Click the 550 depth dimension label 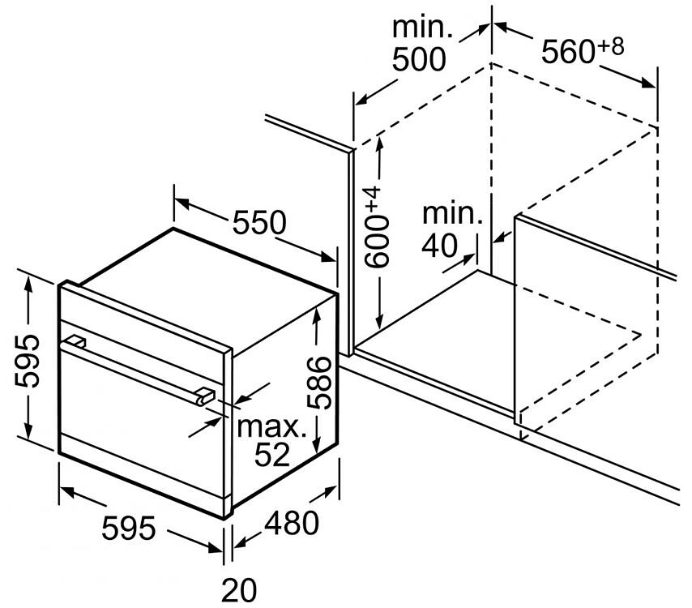tap(259, 222)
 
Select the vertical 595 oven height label tap(27, 362)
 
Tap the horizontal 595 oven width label tap(128, 528)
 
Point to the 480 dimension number tap(291, 523)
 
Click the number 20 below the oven tap(239, 590)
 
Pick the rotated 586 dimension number tap(318, 383)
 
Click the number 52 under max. tap(272, 454)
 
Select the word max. tap(272, 427)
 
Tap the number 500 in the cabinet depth tap(419, 60)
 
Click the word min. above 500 tap(422, 28)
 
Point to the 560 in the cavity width tap(568, 52)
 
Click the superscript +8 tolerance tap(610, 46)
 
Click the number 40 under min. tap(439, 246)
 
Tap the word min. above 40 tap(453, 214)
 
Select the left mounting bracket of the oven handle tap(75, 341)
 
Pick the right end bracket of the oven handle tap(205, 394)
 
